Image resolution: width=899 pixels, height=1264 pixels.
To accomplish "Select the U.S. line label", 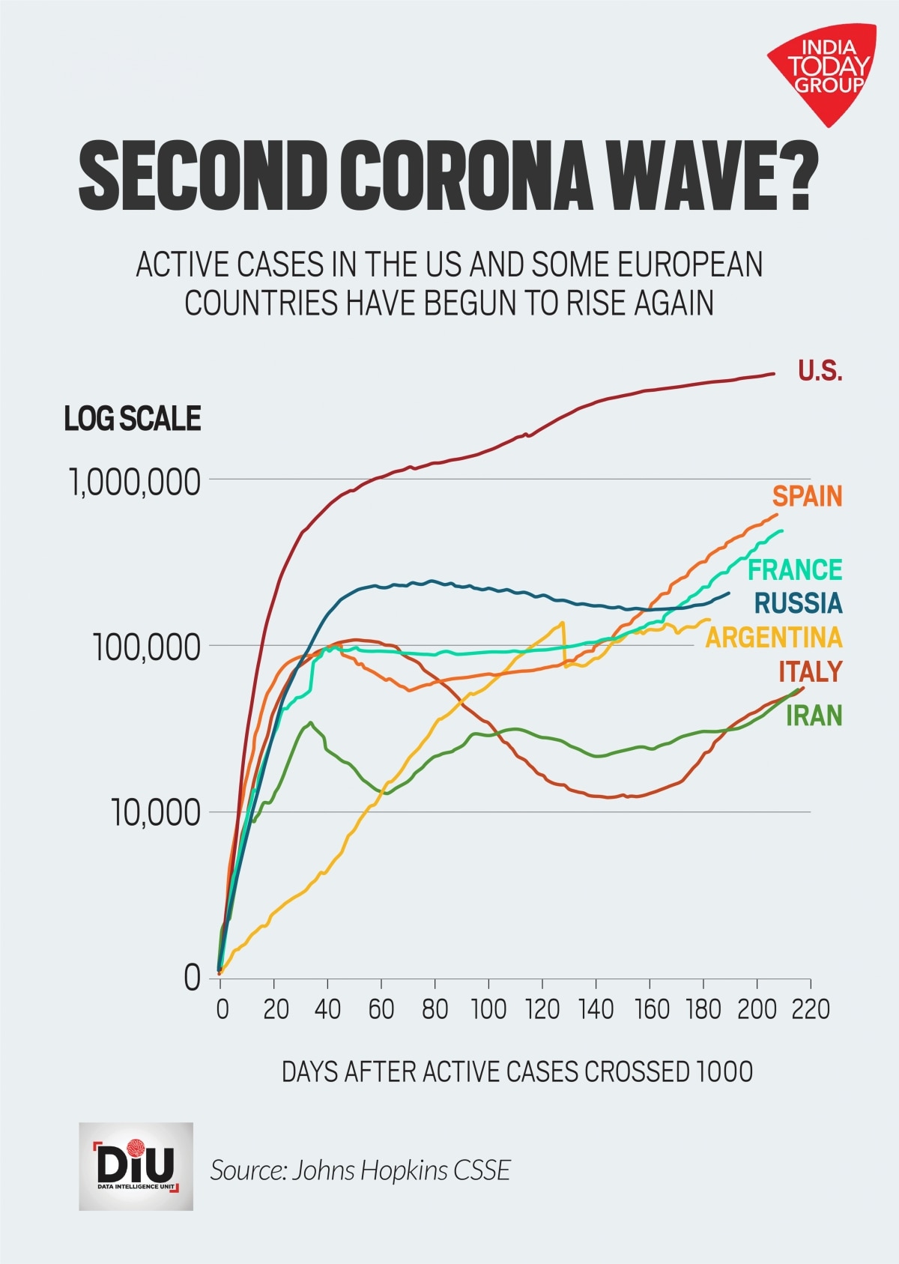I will click(820, 370).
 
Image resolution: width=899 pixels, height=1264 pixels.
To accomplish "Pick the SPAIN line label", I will click(808, 496).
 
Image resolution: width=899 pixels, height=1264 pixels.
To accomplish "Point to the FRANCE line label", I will click(796, 569).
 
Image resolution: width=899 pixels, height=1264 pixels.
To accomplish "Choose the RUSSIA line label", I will click(798, 602).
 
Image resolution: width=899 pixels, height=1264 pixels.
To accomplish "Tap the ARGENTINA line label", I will click(775, 638).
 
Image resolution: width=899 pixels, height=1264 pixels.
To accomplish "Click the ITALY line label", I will click(810, 671).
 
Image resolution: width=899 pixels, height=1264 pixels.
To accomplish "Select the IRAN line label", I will click(814, 716).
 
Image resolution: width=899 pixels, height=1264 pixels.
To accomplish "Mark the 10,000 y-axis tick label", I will click(157, 814).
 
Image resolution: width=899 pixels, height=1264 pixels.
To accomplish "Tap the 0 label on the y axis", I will click(193, 978).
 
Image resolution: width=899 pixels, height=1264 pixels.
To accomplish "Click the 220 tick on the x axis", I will click(811, 1009).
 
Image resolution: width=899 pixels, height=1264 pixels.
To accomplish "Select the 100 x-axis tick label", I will click(488, 1009).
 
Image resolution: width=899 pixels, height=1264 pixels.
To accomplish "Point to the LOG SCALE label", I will click(133, 418).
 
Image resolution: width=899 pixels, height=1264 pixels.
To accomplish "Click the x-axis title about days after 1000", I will click(517, 1071).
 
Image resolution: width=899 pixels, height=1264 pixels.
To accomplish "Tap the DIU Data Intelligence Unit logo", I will click(136, 1166).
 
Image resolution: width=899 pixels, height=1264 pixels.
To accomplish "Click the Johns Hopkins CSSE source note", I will click(360, 1170).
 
